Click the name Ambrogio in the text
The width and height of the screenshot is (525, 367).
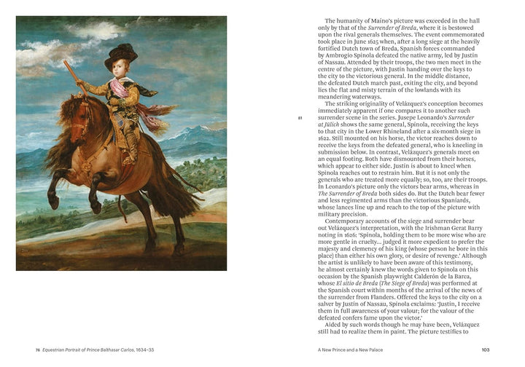[336, 63]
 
